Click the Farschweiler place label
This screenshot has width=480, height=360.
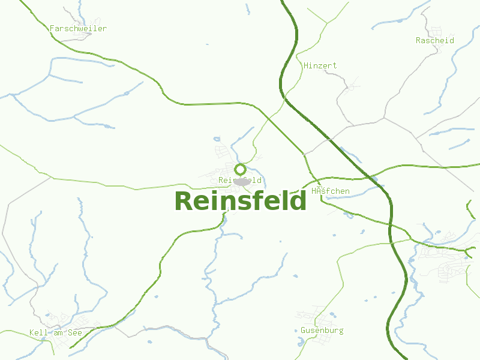pyautogui.click(x=78, y=28)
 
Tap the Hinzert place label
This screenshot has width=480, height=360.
pyautogui.click(x=320, y=65)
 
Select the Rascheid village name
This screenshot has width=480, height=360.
pyautogui.click(x=434, y=40)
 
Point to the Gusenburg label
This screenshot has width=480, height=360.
pyautogui.click(x=322, y=330)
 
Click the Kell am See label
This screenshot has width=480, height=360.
pyautogui.click(x=55, y=332)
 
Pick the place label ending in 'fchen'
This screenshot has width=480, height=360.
pyautogui.click(x=331, y=191)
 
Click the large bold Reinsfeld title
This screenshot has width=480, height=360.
pyautogui.click(x=241, y=201)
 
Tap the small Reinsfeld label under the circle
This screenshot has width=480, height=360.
pyautogui.click(x=240, y=180)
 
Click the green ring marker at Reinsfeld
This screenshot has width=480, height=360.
pyautogui.click(x=240, y=169)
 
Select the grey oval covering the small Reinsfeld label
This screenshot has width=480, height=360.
pyautogui.click(x=242, y=181)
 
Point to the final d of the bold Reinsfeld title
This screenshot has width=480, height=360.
pyautogui.click(x=298, y=201)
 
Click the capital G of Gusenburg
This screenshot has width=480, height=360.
pyautogui.click(x=304, y=330)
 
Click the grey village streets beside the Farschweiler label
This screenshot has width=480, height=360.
pyautogui.click(x=81, y=36)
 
